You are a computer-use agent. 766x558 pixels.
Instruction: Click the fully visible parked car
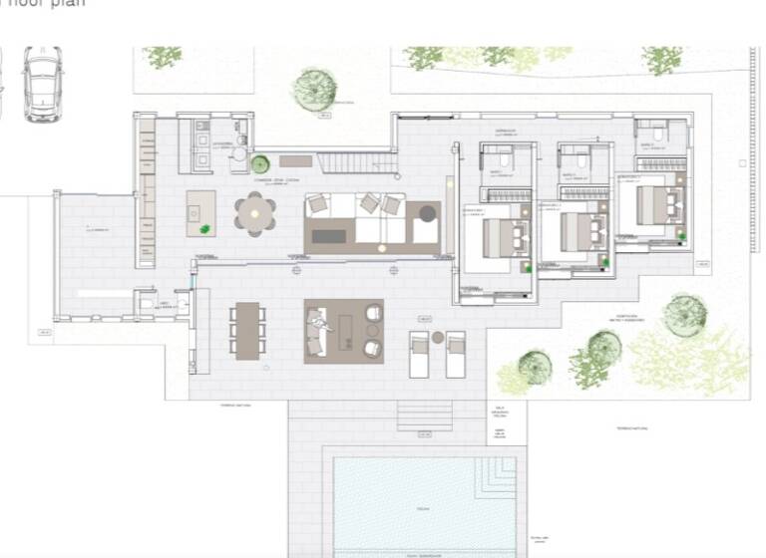click(x=43, y=84)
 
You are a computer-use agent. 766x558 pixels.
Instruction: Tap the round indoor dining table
click(x=255, y=213)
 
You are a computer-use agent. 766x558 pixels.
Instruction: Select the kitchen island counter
click(x=200, y=213)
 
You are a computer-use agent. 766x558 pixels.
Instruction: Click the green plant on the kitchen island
click(x=205, y=229)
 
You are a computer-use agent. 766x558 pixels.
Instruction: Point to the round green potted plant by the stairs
click(x=260, y=163)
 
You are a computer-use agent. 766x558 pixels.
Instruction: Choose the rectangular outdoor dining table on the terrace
click(x=247, y=330)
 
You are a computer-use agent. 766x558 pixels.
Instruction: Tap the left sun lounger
click(x=420, y=354)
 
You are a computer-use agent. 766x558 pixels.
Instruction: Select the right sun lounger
click(x=455, y=354)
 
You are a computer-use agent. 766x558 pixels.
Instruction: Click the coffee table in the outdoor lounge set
click(x=345, y=330)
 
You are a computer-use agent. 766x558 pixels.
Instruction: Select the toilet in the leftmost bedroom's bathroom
click(x=505, y=159)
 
